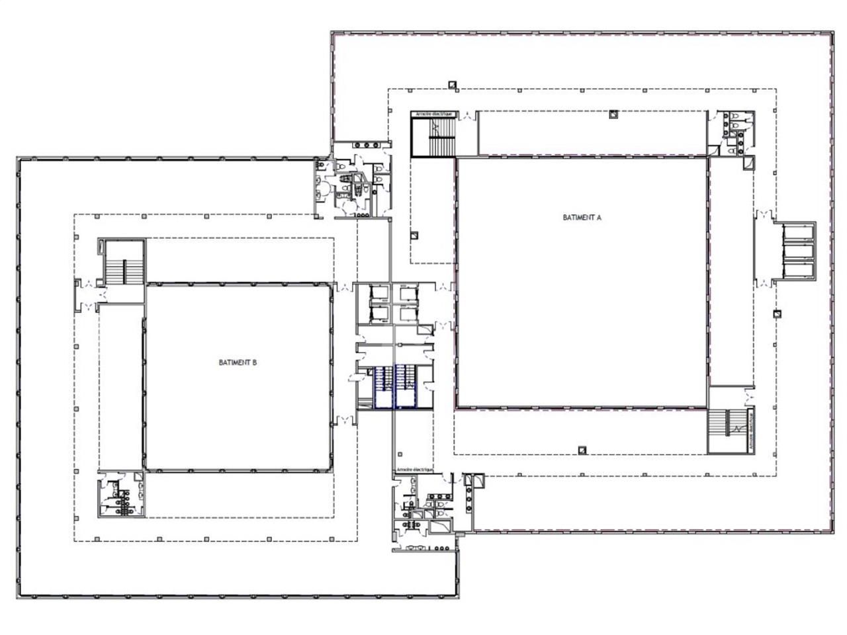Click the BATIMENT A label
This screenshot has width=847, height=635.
click(x=582, y=217)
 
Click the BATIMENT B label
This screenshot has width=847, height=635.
click(x=238, y=362)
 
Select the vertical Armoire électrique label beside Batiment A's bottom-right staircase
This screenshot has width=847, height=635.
click(x=753, y=431)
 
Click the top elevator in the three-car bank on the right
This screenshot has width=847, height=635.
click(x=798, y=232)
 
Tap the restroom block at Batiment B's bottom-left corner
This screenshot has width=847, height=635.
click(x=121, y=495)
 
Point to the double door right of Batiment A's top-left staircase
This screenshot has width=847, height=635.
click(x=467, y=116)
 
